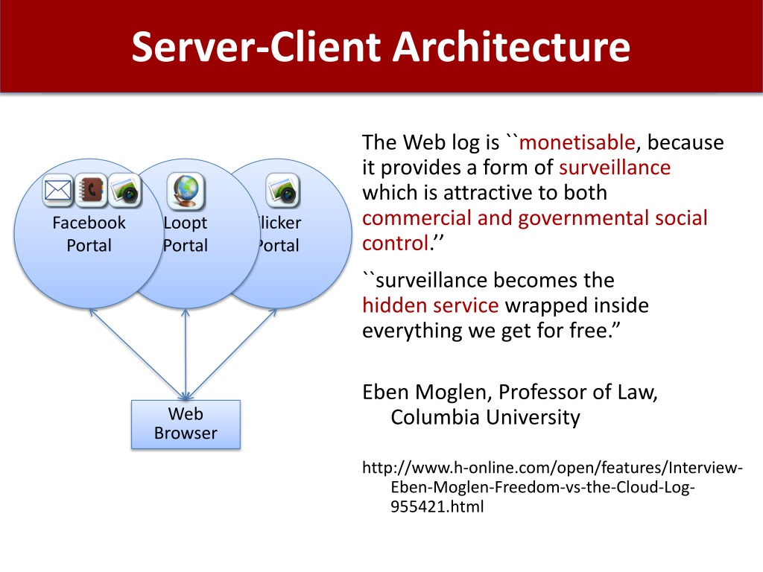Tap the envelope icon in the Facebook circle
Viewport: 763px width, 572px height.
coord(57,191)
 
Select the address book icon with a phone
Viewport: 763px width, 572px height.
coord(92,191)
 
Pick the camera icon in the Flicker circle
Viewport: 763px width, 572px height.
coord(282,191)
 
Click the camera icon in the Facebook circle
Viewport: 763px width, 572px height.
coord(124,191)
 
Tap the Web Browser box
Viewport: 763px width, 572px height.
coord(186,424)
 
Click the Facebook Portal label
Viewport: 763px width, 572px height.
coord(89,234)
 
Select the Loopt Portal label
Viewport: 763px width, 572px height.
coord(185,234)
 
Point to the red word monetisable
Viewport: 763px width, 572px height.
coord(577,142)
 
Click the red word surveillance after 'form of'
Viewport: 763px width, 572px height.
coord(615,168)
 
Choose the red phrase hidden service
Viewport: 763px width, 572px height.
coord(430,305)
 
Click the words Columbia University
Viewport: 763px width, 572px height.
coord(485,417)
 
